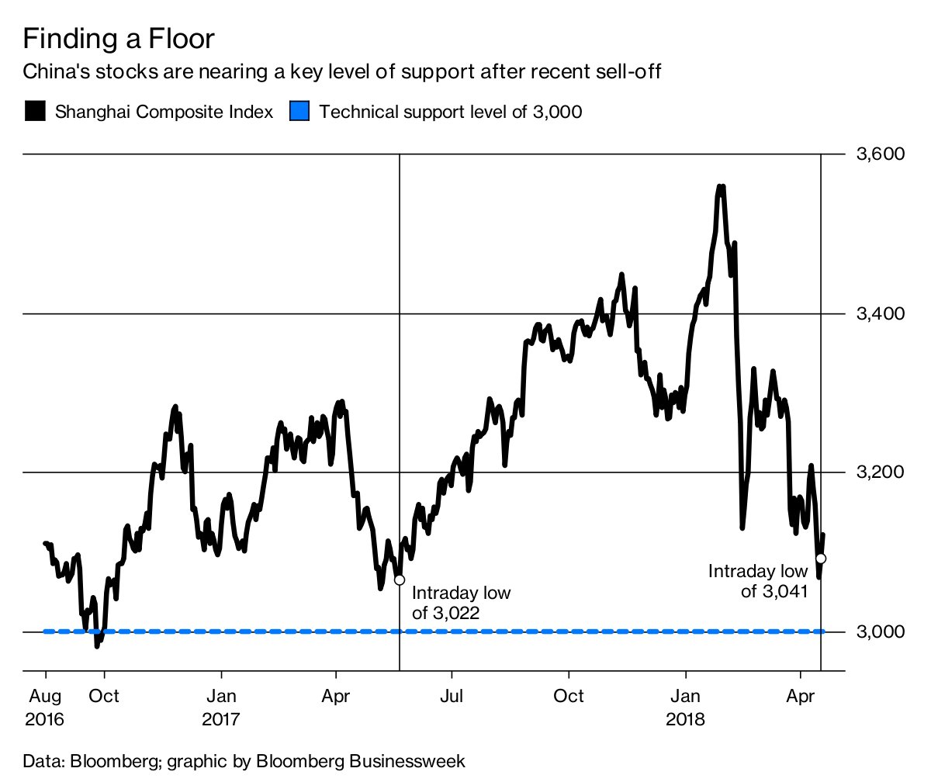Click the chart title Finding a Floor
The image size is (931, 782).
119,39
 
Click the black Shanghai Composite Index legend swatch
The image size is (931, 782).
34,111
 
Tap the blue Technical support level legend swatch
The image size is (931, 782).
299,111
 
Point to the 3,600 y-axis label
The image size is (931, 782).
880,154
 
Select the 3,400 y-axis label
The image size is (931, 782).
880,313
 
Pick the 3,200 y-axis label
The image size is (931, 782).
880,472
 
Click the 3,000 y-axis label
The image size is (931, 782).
880,631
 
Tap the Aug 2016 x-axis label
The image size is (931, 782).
46,707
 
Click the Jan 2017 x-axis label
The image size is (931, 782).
222,707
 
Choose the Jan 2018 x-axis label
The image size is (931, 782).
686,707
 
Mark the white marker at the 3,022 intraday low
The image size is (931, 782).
400,580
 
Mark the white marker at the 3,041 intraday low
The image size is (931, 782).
821,559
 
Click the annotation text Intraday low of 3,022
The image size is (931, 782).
461,603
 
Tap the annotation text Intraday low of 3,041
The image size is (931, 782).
758,581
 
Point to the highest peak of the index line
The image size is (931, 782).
721,187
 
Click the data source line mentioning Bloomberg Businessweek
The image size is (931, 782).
244,760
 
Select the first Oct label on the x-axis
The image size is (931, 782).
104,695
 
